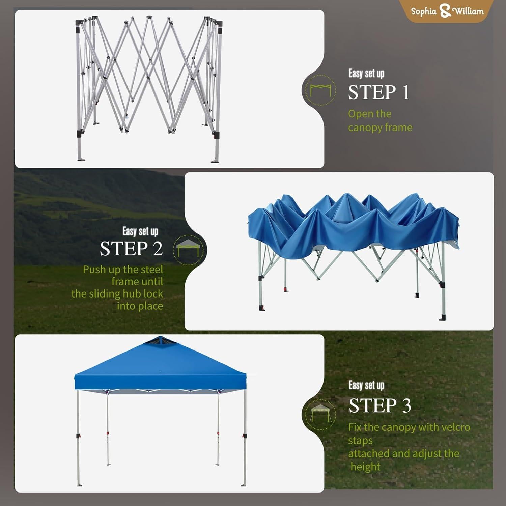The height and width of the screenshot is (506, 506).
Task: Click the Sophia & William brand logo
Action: click(x=447, y=11)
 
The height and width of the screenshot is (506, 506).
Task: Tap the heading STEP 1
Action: click(x=379, y=92)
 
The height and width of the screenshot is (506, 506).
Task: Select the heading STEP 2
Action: click(x=131, y=249)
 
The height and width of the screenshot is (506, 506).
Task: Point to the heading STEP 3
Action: click(x=380, y=405)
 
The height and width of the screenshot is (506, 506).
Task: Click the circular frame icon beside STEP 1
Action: click(x=320, y=90)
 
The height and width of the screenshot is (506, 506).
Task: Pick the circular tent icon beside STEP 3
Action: click(x=319, y=414)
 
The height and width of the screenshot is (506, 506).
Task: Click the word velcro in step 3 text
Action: click(x=455, y=427)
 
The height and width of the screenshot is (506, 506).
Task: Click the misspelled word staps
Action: click(x=360, y=441)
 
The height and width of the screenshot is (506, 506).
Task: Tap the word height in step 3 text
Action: click(x=365, y=467)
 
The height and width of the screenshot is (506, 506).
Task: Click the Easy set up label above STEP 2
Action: click(x=140, y=232)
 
